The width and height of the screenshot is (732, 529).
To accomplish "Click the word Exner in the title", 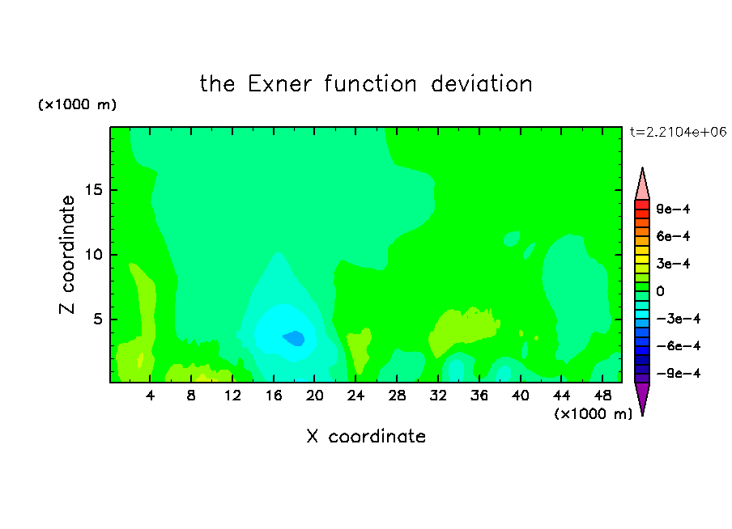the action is coord(279,84).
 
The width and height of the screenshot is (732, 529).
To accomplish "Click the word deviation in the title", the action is coord(481,84).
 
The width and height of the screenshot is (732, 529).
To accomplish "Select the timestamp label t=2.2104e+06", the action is coord(679,132).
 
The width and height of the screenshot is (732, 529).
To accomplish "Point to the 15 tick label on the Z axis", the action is coord(93,190).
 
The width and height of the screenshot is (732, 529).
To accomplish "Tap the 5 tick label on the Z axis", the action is coord(97,319).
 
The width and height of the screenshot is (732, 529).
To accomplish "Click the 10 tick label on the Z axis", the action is coord(93,255).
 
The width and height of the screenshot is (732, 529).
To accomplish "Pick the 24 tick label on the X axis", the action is coord(355,396).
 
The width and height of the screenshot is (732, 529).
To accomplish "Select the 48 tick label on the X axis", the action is coord(602,396).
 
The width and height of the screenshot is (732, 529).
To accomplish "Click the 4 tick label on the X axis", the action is coord(150,396).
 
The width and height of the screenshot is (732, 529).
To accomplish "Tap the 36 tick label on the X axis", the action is coord(479,396).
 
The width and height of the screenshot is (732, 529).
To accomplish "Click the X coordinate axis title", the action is coord(366,436).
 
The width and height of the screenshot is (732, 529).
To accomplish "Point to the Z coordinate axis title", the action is coord(67,255).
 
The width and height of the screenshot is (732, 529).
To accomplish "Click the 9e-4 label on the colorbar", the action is coord(673,209).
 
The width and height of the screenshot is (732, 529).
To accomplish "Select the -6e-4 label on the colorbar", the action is coord(679,346).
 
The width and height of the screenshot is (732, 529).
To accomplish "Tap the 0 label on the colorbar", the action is coord(660,291).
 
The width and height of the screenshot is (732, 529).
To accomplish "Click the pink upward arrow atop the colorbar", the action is coord(642,184).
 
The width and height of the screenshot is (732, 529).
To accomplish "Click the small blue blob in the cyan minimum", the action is coord(294,338).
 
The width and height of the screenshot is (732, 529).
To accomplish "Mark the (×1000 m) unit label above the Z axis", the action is coord(77,104).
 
